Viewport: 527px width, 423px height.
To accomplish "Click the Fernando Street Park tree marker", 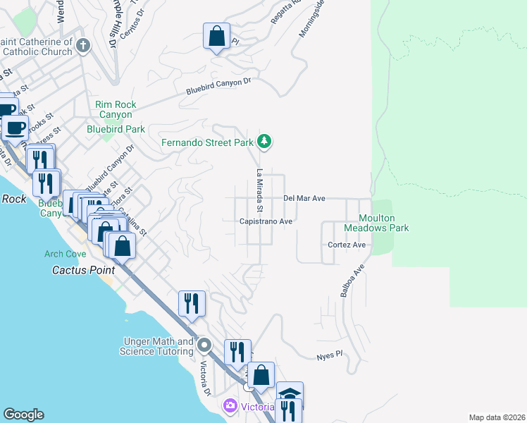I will click(264, 142).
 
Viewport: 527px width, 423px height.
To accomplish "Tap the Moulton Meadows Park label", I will click(376, 223).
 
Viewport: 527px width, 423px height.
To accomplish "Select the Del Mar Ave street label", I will click(304, 199).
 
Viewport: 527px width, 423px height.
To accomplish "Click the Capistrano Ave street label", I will click(266, 221).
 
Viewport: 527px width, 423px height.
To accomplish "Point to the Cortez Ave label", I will click(347, 245).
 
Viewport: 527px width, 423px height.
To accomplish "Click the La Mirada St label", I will click(259, 190).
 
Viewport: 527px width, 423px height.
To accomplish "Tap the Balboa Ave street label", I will click(352, 281).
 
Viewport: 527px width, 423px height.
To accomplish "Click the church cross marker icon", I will click(83, 47).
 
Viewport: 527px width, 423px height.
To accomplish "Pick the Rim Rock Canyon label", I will click(113, 110).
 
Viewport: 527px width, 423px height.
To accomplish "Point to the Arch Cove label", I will click(65, 254).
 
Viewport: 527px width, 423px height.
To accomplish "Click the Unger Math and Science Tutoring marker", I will click(205, 345).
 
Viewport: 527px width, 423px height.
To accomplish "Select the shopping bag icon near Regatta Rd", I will click(216, 35).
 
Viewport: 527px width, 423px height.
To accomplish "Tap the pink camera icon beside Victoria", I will click(230, 406).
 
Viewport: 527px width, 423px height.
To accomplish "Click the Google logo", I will click(23, 415).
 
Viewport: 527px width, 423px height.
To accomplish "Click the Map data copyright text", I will click(497, 417).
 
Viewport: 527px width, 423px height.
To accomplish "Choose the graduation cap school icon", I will click(290, 393).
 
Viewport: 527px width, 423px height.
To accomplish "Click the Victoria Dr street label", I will click(206, 379).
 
